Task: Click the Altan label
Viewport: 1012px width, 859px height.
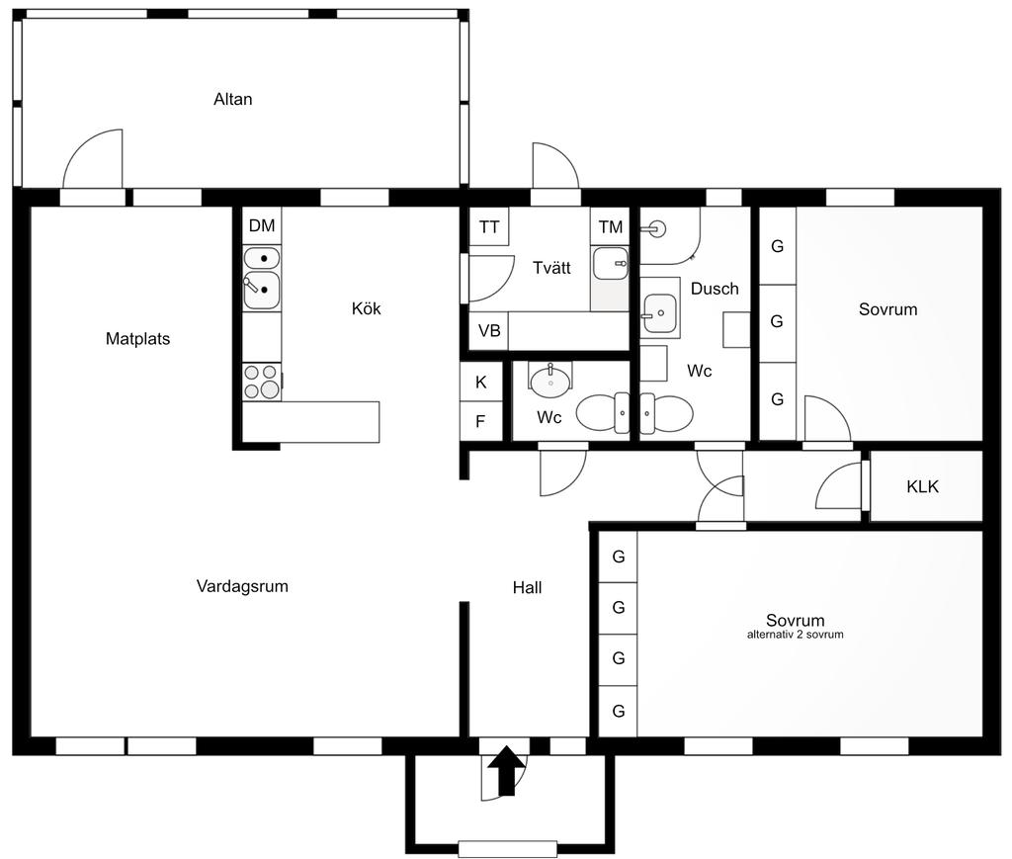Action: pyautogui.click(x=233, y=100)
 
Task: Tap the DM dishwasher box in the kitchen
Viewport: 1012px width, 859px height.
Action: pyautogui.click(x=262, y=226)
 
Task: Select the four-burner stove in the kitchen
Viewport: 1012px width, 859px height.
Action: pyautogui.click(x=262, y=382)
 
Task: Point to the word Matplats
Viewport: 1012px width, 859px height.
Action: pyautogui.click(x=137, y=339)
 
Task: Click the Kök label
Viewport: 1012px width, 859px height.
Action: pyautogui.click(x=366, y=308)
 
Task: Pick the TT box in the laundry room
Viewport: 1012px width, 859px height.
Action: pyautogui.click(x=488, y=226)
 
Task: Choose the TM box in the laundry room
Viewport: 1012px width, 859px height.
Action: pyautogui.click(x=610, y=226)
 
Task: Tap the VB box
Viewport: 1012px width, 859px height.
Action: pyautogui.click(x=488, y=331)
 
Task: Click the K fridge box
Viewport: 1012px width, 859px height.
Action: pyautogui.click(x=481, y=383)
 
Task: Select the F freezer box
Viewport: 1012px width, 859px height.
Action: pyautogui.click(x=481, y=421)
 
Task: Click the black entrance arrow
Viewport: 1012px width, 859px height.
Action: pyautogui.click(x=507, y=771)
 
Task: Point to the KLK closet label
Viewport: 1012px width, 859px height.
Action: pyautogui.click(x=922, y=486)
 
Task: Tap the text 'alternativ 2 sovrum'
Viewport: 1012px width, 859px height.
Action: pyautogui.click(x=796, y=635)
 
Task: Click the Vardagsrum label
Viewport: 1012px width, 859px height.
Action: pyautogui.click(x=242, y=586)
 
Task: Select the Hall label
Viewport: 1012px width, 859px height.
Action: pyautogui.click(x=527, y=587)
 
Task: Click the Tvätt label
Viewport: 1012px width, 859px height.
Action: pyautogui.click(x=551, y=268)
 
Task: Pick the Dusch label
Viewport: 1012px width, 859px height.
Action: pyautogui.click(x=715, y=289)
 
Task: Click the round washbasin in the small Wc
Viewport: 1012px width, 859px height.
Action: pyautogui.click(x=549, y=381)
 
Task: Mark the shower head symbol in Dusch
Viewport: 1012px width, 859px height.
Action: pyautogui.click(x=655, y=228)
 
